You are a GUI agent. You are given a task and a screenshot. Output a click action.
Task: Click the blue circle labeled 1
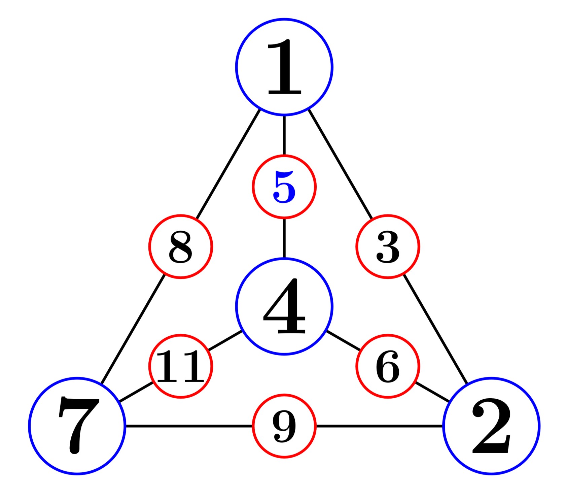pyautogui.click(x=284, y=67)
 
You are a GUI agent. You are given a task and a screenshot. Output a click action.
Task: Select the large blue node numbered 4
pyautogui.click(x=284, y=306)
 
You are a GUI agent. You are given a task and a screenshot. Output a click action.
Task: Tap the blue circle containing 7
pyautogui.click(x=77, y=426)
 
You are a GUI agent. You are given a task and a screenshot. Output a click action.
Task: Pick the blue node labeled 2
pyautogui.click(x=491, y=426)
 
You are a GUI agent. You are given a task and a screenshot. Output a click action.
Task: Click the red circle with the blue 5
pyautogui.click(x=284, y=187)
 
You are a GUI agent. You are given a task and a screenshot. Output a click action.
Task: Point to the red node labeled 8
pyautogui.click(x=181, y=246)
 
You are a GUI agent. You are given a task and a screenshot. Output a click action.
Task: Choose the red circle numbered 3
pyautogui.click(x=388, y=246)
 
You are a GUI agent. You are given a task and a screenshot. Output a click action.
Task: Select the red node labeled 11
pyautogui.click(x=181, y=366)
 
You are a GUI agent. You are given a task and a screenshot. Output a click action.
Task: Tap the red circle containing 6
pyautogui.click(x=388, y=366)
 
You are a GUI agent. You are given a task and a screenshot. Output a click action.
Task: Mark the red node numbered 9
pyautogui.click(x=284, y=426)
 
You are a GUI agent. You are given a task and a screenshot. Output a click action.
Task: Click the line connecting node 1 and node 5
pyautogui.click(x=284, y=135)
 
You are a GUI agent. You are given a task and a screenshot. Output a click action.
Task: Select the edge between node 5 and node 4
pyautogui.click(x=284, y=238)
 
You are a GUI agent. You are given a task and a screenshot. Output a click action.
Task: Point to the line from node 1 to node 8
pyautogui.click(x=228, y=164)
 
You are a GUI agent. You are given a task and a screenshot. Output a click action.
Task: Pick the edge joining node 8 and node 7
pyautogui.click(x=133, y=329)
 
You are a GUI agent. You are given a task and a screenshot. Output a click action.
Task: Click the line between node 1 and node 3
pyautogui.click(x=340, y=164)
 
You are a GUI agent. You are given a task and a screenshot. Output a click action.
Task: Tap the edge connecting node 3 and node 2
pyautogui.click(x=435, y=329)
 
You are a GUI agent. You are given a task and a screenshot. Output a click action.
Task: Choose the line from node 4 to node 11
pyautogui.click(x=225, y=340)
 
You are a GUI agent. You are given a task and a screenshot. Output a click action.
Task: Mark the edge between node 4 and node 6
pyautogui.click(x=343, y=340)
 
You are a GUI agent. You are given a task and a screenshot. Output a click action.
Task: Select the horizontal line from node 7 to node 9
pyautogui.click(x=188, y=426)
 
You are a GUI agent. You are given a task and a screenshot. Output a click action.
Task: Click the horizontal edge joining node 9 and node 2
pyautogui.click(x=380, y=426)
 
